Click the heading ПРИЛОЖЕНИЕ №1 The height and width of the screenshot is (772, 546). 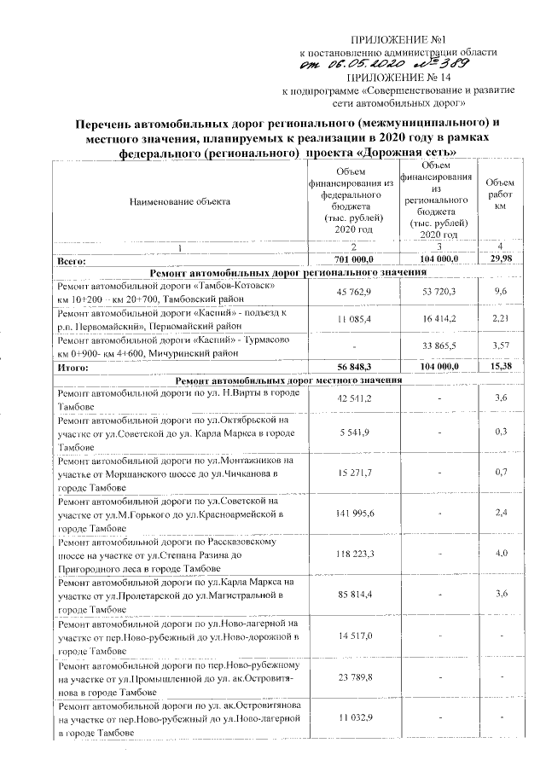coord(389,41)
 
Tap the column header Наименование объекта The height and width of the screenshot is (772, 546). coord(180,201)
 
